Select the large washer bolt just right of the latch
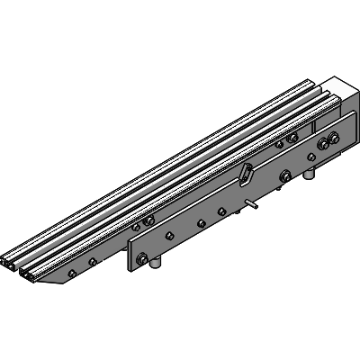pos(285,175)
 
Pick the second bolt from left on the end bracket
pos(92,262)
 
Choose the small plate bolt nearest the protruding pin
pos(222,211)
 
